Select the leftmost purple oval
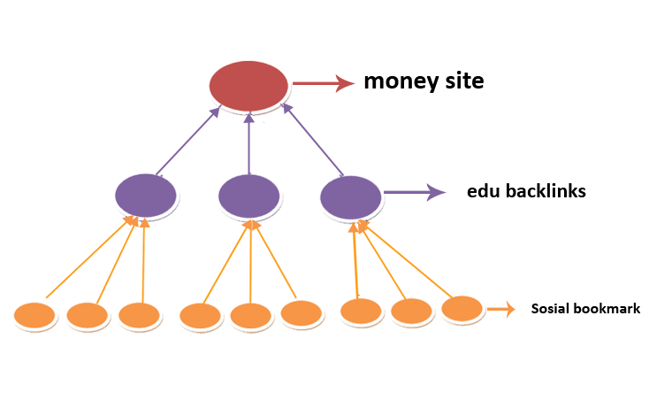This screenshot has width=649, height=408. pos(147,196)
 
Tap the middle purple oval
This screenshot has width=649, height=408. pos(250,196)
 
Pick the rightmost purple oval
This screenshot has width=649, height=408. pos(353,196)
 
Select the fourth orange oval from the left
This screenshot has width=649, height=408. pos(201,316)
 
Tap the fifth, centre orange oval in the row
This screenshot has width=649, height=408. pos(251,316)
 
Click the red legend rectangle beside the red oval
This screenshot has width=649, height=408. pos(324,83)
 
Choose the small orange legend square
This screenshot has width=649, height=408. pos(501,309)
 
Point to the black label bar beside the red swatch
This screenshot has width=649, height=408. pos(424,81)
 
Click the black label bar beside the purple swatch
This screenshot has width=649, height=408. pos(526,190)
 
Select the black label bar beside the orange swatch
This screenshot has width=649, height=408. pos(585,308)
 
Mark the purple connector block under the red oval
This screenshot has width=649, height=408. pos(252,142)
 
